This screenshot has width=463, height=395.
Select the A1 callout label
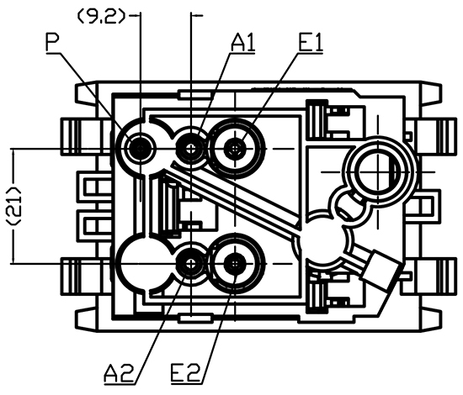click(x=243, y=42)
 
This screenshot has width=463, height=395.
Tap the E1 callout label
click(x=311, y=42)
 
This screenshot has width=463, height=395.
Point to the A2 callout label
click(x=120, y=372)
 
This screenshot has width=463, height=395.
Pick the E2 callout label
click(x=186, y=372)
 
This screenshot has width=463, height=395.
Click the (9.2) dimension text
click(x=101, y=17)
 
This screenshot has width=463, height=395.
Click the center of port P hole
click(x=140, y=147)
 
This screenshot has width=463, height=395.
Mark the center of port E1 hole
click(x=235, y=148)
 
